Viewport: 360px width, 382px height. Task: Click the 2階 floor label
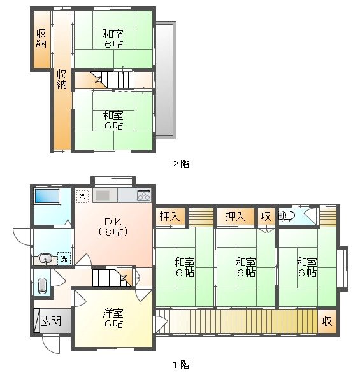coord(180,164)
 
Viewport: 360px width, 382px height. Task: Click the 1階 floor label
coord(180,365)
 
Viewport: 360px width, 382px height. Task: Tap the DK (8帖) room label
coord(113,227)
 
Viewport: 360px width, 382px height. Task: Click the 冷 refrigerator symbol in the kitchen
coord(82,196)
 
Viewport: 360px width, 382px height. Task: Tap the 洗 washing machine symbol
coord(64,258)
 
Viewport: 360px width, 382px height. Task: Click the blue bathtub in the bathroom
coord(47,197)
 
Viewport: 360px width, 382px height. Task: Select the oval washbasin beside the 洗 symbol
coord(45,258)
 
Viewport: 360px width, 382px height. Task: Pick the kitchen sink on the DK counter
coord(104,195)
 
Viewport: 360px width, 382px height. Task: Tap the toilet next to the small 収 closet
coord(286,216)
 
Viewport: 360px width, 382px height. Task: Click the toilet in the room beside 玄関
coord(43,285)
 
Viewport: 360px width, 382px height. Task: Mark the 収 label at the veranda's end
coord(327,322)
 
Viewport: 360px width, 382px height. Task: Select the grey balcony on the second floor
coord(165,79)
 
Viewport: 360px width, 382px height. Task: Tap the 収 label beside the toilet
coord(266,216)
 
